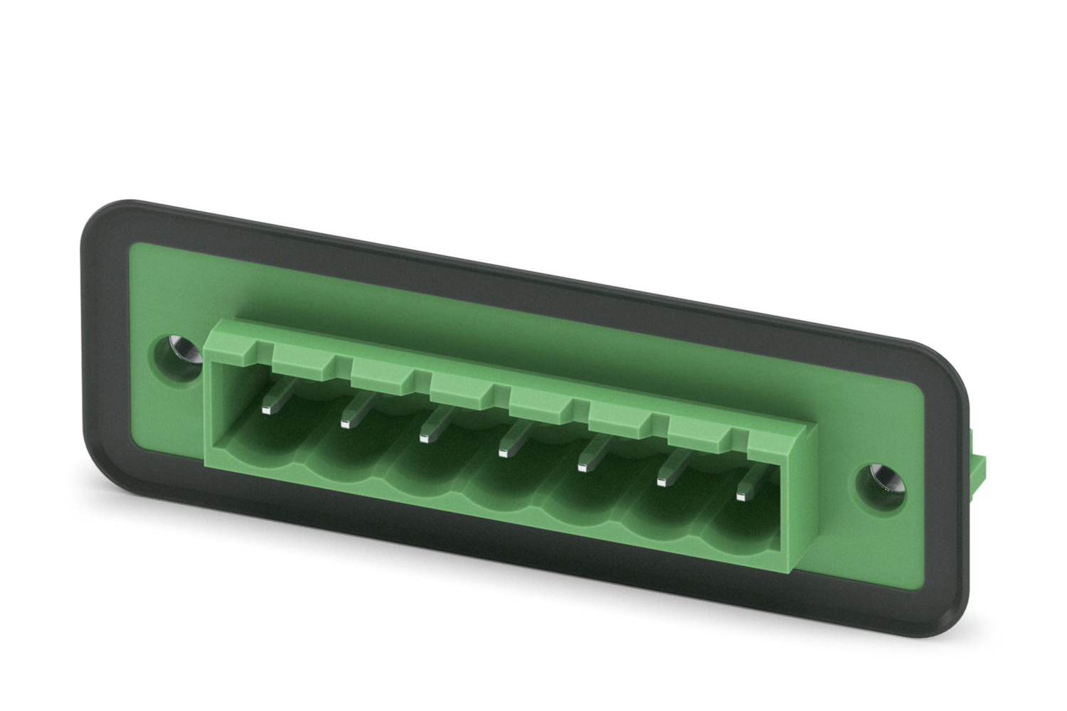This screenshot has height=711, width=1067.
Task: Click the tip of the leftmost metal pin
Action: (267, 409)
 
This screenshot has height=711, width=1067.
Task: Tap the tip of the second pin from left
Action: (346, 424)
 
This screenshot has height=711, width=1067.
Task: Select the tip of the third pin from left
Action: (425, 437)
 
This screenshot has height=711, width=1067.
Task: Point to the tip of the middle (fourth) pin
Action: (504, 451)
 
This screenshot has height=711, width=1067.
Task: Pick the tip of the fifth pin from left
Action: (583, 466)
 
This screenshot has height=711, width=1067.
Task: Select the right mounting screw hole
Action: (882, 479)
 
